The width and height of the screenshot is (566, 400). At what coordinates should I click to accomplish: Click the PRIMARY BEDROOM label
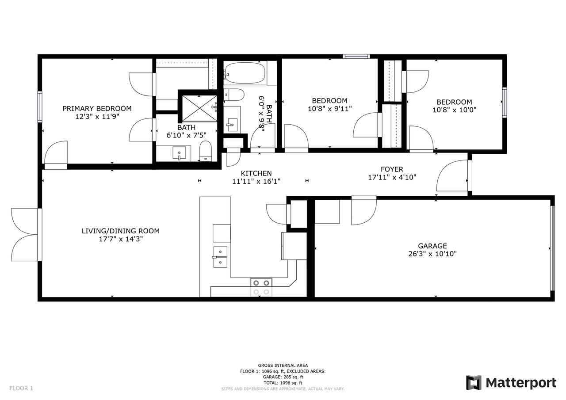tap(97, 109)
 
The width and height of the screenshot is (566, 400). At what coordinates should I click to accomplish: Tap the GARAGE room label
tap(432, 246)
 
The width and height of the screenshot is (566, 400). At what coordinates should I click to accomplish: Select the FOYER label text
tap(392, 169)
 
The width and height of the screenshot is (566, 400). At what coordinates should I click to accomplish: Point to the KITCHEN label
tap(256, 173)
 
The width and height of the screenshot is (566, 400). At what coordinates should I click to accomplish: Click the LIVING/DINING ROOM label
tap(121, 231)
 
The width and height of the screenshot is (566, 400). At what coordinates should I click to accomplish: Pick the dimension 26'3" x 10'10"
tap(432, 254)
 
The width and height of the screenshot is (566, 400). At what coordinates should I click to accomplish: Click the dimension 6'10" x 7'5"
tap(186, 135)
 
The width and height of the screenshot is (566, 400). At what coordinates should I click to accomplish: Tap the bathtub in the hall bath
tap(245, 73)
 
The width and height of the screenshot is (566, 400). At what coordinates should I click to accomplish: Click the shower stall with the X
tap(199, 108)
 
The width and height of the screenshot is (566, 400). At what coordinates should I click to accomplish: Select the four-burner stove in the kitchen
tap(261, 287)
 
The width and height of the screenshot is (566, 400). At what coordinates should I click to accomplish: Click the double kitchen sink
tap(220, 257)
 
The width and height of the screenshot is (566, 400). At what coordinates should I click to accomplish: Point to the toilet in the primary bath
tap(206, 151)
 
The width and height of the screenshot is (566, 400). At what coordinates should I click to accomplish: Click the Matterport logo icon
tap(474, 383)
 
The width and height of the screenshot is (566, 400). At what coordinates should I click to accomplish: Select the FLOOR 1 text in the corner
tap(21, 388)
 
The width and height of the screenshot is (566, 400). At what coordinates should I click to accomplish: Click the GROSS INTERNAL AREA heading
tap(283, 366)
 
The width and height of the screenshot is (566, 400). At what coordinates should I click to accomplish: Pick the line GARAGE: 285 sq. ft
tap(283, 377)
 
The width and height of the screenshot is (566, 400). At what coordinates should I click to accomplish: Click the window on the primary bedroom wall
tap(40, 107)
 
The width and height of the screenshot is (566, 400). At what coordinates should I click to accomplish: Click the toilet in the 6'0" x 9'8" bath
tap(234, 95)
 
